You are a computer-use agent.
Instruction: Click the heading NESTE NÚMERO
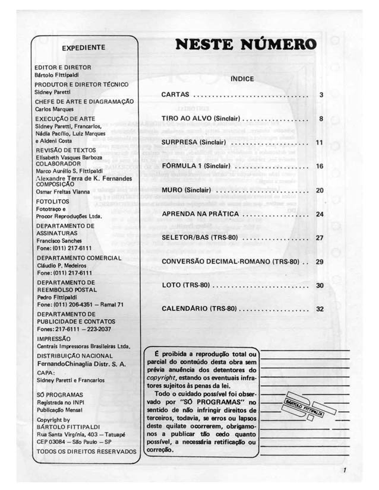point(245,44)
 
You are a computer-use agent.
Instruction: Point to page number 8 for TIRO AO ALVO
point(321,119)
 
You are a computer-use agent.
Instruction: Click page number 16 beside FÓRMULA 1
point(320,166)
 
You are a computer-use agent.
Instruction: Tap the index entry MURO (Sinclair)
point(187,190)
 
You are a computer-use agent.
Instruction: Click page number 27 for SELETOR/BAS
point(320,238)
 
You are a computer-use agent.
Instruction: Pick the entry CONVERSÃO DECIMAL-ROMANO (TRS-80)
point(230,262)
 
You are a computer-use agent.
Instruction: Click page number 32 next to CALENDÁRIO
point(320,309)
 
